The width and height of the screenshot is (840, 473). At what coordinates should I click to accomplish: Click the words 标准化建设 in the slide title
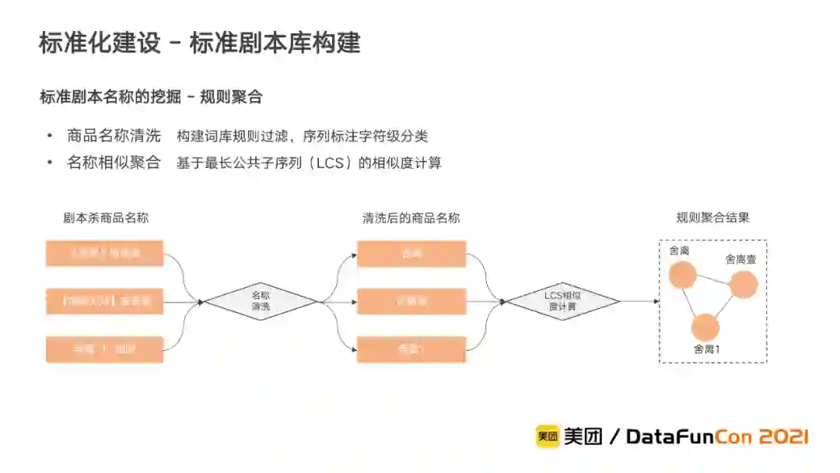coord(100,42)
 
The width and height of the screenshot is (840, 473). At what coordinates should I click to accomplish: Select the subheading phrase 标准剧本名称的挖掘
coord(110,97)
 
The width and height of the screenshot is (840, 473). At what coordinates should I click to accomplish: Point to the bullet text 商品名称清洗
coord(114,136)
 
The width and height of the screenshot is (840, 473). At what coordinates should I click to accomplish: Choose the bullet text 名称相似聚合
coord(114,163)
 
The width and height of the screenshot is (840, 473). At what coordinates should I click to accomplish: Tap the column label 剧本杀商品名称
coord(106,218)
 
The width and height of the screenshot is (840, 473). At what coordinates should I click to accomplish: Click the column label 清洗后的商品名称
coord(411,218)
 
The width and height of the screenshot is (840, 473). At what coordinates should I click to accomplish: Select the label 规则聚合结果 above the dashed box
coord(713,218)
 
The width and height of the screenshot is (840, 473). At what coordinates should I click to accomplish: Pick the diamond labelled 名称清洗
coord(261,301)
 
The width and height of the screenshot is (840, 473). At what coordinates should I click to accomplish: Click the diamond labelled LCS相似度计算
coord(562,301)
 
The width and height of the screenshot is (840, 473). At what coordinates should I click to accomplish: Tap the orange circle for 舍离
coord(682,275)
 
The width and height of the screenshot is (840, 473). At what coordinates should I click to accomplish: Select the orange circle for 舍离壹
coord(744,285)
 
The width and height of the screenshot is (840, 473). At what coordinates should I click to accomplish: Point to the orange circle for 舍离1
coord(705,328)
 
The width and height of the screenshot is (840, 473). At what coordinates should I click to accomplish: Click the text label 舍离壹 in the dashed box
coord(740,260)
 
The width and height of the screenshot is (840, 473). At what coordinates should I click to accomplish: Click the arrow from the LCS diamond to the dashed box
coord(639,301)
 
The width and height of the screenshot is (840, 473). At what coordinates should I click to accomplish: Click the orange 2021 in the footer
coord(781,436)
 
